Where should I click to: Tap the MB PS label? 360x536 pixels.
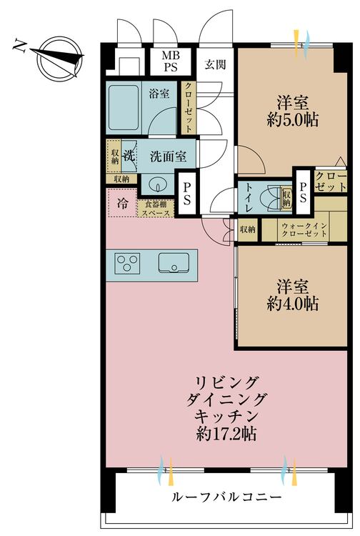171,61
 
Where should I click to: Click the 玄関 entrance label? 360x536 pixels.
215,64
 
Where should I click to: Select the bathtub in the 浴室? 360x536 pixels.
124,108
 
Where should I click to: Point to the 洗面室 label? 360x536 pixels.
169,157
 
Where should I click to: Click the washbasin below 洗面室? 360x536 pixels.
158,185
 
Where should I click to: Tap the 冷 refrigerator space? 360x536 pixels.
122,203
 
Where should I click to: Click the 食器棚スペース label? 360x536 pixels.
156,209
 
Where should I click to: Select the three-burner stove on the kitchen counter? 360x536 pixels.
127,264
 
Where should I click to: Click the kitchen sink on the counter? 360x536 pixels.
174,263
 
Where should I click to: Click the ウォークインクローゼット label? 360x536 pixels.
304,230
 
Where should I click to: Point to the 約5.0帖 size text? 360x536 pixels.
293,120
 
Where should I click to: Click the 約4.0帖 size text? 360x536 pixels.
293,304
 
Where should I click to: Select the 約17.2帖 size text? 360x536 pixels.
226,434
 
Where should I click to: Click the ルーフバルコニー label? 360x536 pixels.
226,497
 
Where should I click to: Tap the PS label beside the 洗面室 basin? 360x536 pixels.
187,194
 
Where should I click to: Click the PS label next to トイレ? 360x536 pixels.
303,192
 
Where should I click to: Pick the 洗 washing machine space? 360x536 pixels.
129,157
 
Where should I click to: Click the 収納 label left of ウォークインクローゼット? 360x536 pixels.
248,229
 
